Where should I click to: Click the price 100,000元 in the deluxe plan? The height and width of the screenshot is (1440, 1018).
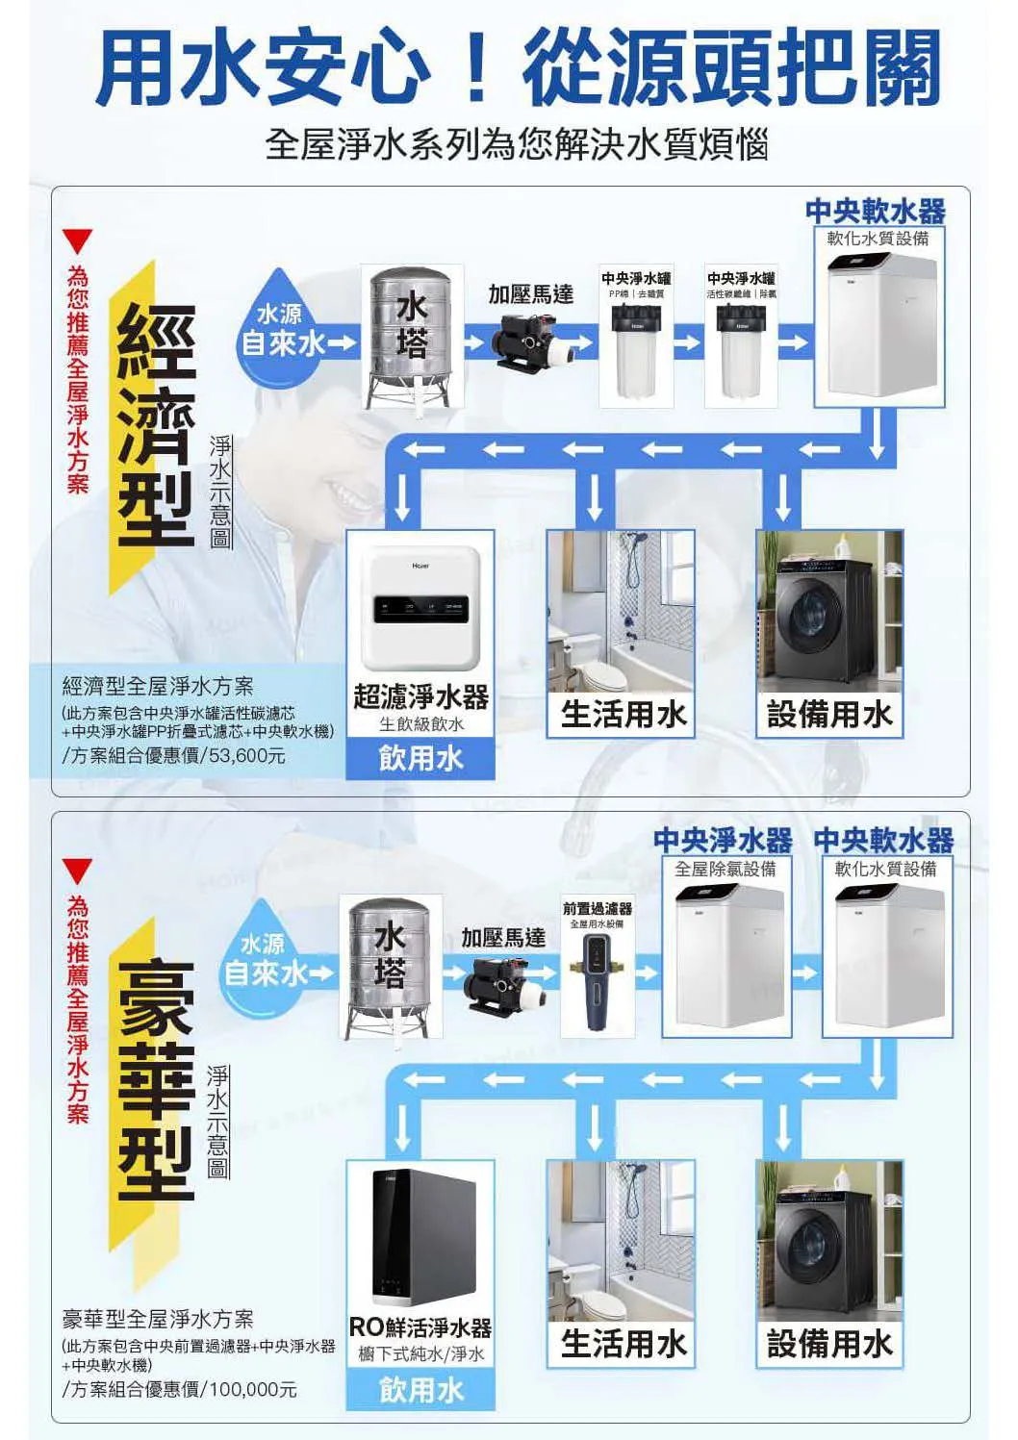pos(253,1389)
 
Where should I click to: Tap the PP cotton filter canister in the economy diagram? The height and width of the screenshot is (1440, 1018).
pos(636,352)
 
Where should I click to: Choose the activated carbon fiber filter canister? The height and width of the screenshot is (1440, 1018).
pos(741,352)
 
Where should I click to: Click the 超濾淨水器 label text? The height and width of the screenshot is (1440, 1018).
pos(420,696)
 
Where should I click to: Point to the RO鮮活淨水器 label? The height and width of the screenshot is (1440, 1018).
pos(420,1328)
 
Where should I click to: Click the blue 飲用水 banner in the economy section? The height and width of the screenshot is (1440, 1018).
pos(420,759)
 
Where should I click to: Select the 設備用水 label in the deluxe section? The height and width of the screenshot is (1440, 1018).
pos(829,1344)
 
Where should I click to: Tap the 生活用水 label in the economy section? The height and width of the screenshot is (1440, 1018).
pos(624,714)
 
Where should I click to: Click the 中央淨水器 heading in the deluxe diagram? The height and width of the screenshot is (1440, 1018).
pos(723,841)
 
